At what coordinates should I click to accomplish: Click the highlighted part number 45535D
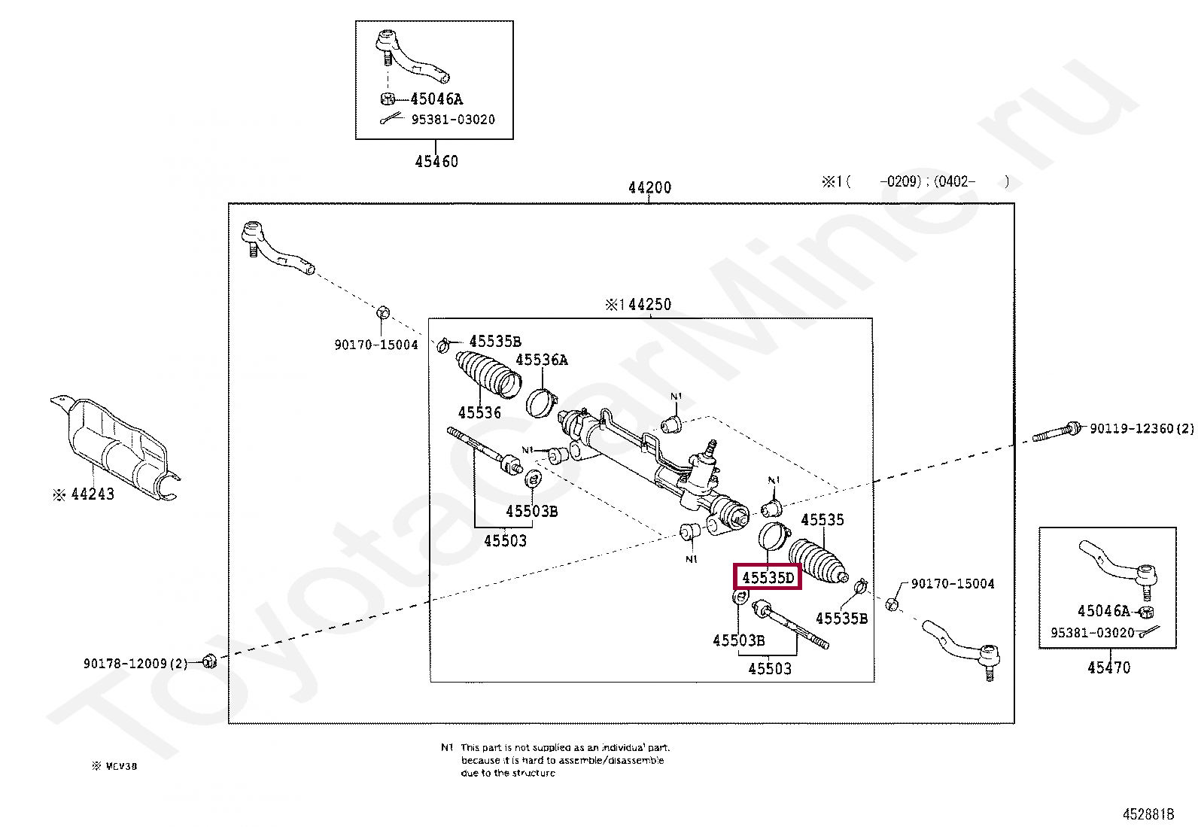pos(768,577)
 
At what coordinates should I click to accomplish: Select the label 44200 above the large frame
pos(649,187)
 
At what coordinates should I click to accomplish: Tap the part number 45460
pos(436,161)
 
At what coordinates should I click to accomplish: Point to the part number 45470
pos(1108,667)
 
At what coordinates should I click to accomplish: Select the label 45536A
pos(542,360)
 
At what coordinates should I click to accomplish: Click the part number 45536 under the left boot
pos(479,412)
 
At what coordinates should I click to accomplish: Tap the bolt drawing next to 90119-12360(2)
pos(1057,432)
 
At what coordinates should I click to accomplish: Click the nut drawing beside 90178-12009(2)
pos(211,661)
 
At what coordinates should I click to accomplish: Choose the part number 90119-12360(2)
pos(1141,428)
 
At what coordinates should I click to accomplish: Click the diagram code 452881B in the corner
pos(1148,814)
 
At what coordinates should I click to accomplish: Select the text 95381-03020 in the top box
pos(452,120)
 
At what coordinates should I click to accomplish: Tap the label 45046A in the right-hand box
pos(1104,611)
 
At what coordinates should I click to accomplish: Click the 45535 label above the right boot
pos(822,519)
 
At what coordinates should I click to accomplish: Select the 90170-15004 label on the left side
pos(376,345)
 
